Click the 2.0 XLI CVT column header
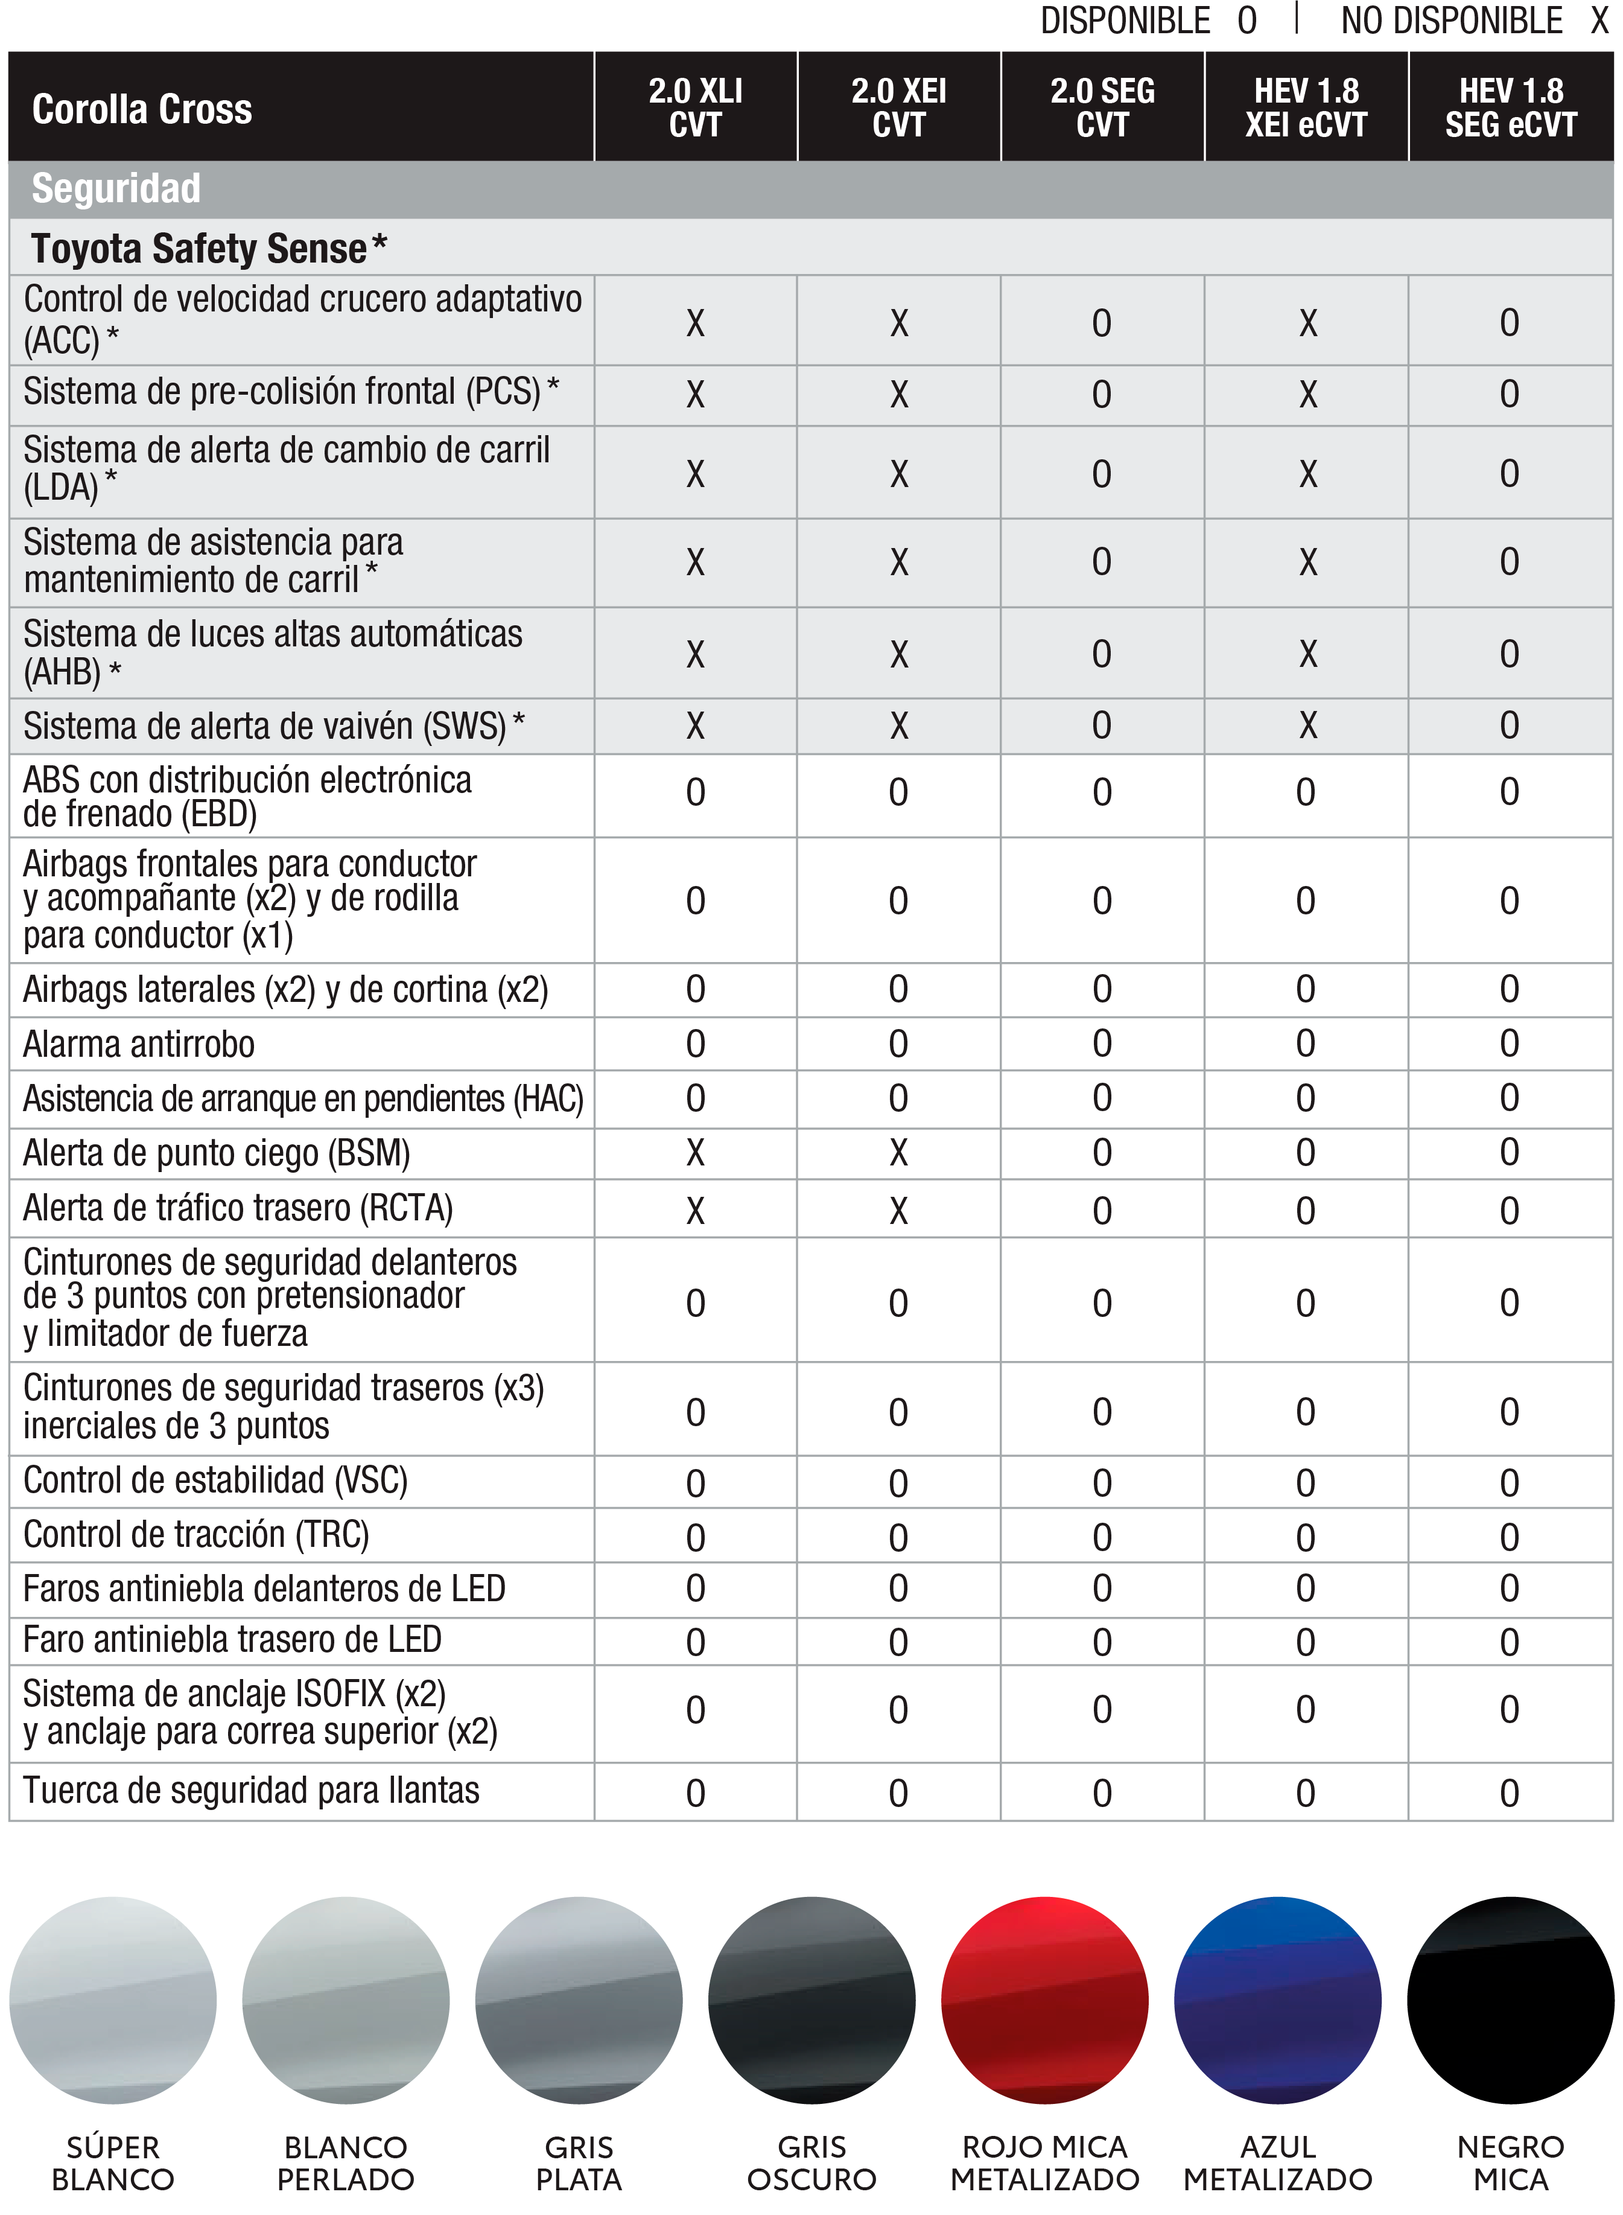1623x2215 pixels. (x=696, y=107)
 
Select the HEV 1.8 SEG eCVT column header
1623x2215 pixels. (x=1510, y=107)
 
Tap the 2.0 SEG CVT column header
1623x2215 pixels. (x=1102, y=107)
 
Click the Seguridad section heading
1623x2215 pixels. (x=116, y=189)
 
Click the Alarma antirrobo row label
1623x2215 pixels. (x=139, y=1044)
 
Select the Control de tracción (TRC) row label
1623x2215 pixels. (x=195, y=1534)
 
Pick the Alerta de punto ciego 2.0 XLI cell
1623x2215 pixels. (x=696, y=1153)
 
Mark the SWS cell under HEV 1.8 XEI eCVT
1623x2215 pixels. (x=1307, y=726)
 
